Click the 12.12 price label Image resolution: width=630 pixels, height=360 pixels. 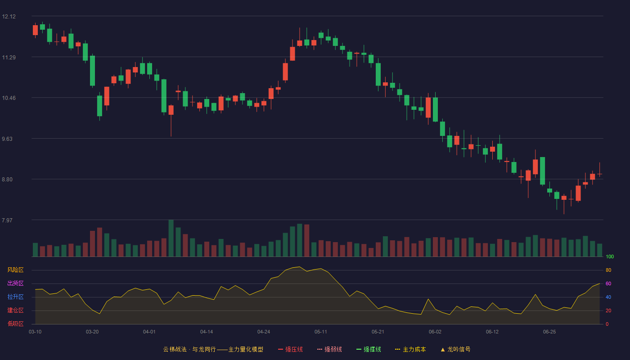[9, 17]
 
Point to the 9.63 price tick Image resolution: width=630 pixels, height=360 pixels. [7, 139]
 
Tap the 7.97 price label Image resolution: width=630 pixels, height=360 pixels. [7, 220]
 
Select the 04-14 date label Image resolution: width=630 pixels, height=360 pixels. [207, 332]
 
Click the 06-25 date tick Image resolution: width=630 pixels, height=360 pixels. [549, 332]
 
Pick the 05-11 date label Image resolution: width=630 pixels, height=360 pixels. [320, 332]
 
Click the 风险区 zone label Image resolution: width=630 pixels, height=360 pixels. [15, 270]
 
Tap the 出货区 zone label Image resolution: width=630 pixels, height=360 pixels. [15, 283]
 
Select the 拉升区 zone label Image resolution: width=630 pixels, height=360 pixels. [15, 297]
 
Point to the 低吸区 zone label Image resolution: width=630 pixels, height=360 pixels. [15, 324]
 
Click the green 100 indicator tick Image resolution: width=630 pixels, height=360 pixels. [610, 256]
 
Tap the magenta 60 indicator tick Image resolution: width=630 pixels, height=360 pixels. [608, 283]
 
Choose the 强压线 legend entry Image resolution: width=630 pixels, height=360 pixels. [290, 349]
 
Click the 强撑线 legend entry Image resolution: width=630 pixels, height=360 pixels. [369, 349]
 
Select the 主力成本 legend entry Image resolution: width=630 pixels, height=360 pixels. [410, 349]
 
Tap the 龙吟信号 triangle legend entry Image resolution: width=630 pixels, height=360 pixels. [455, 349]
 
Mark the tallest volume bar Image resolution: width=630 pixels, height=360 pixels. [171, 238]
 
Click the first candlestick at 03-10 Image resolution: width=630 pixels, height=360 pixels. [35, 30]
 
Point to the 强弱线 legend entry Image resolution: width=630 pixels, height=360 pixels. [329, 349]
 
